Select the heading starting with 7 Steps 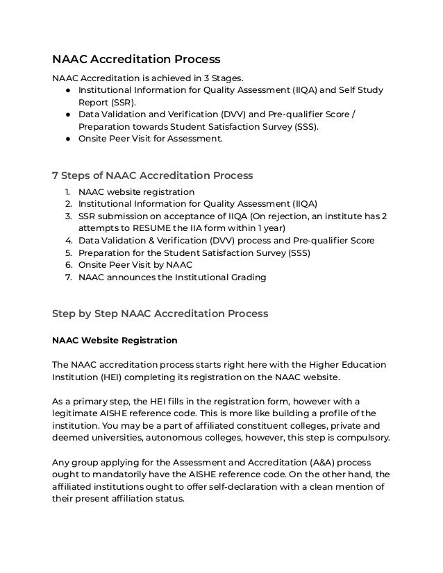(x=153, y=175)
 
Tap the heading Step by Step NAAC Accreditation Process (x=160, y=314)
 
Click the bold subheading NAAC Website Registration (x=115, y=341)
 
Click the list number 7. (x=68, y=278)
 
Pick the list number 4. (x=68, y=241)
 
